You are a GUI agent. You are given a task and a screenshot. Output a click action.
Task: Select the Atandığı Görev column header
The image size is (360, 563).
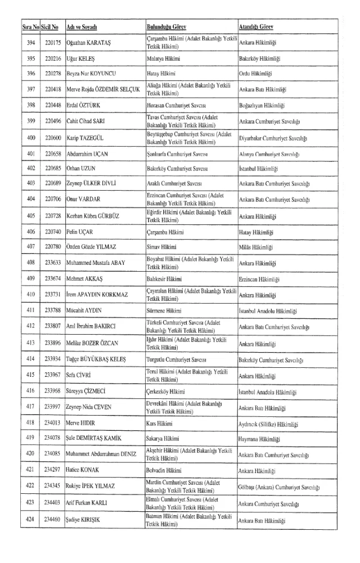tap(258, 28)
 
